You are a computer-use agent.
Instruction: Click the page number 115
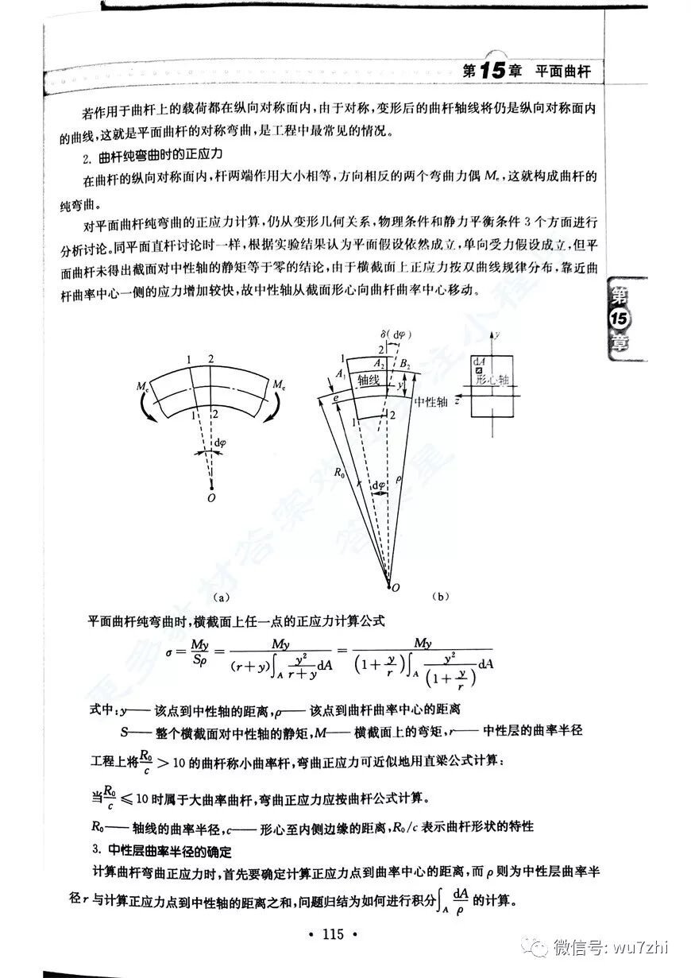334,934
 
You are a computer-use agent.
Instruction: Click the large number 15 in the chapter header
492,70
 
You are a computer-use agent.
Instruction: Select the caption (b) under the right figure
440,596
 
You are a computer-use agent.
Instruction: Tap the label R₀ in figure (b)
339,474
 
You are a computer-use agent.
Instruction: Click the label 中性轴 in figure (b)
431,402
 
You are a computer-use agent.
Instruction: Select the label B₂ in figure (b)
404,365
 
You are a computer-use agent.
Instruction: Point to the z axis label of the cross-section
458,400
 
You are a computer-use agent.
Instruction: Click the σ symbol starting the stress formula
169,653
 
